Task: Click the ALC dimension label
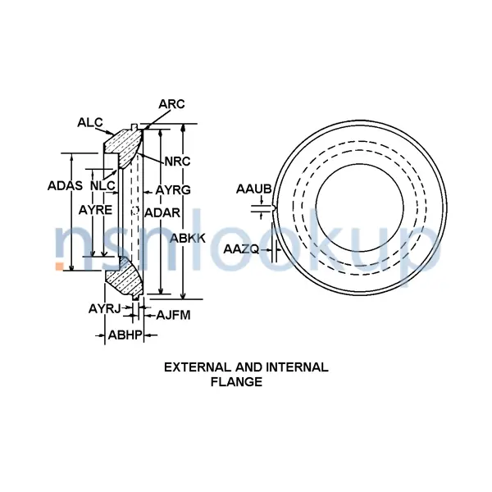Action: [89, 123]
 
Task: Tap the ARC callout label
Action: [171, 104]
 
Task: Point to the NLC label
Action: [102, 185]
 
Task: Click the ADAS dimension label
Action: [65, 185]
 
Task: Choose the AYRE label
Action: [95, 210]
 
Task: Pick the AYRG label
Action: [173, 190]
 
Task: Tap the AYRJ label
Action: [104, 308]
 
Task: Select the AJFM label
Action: [173, 314]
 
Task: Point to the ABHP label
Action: [125, 335]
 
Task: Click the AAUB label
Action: [253, 190]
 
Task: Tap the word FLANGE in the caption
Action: [236, 381]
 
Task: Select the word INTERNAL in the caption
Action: [296, 367]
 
